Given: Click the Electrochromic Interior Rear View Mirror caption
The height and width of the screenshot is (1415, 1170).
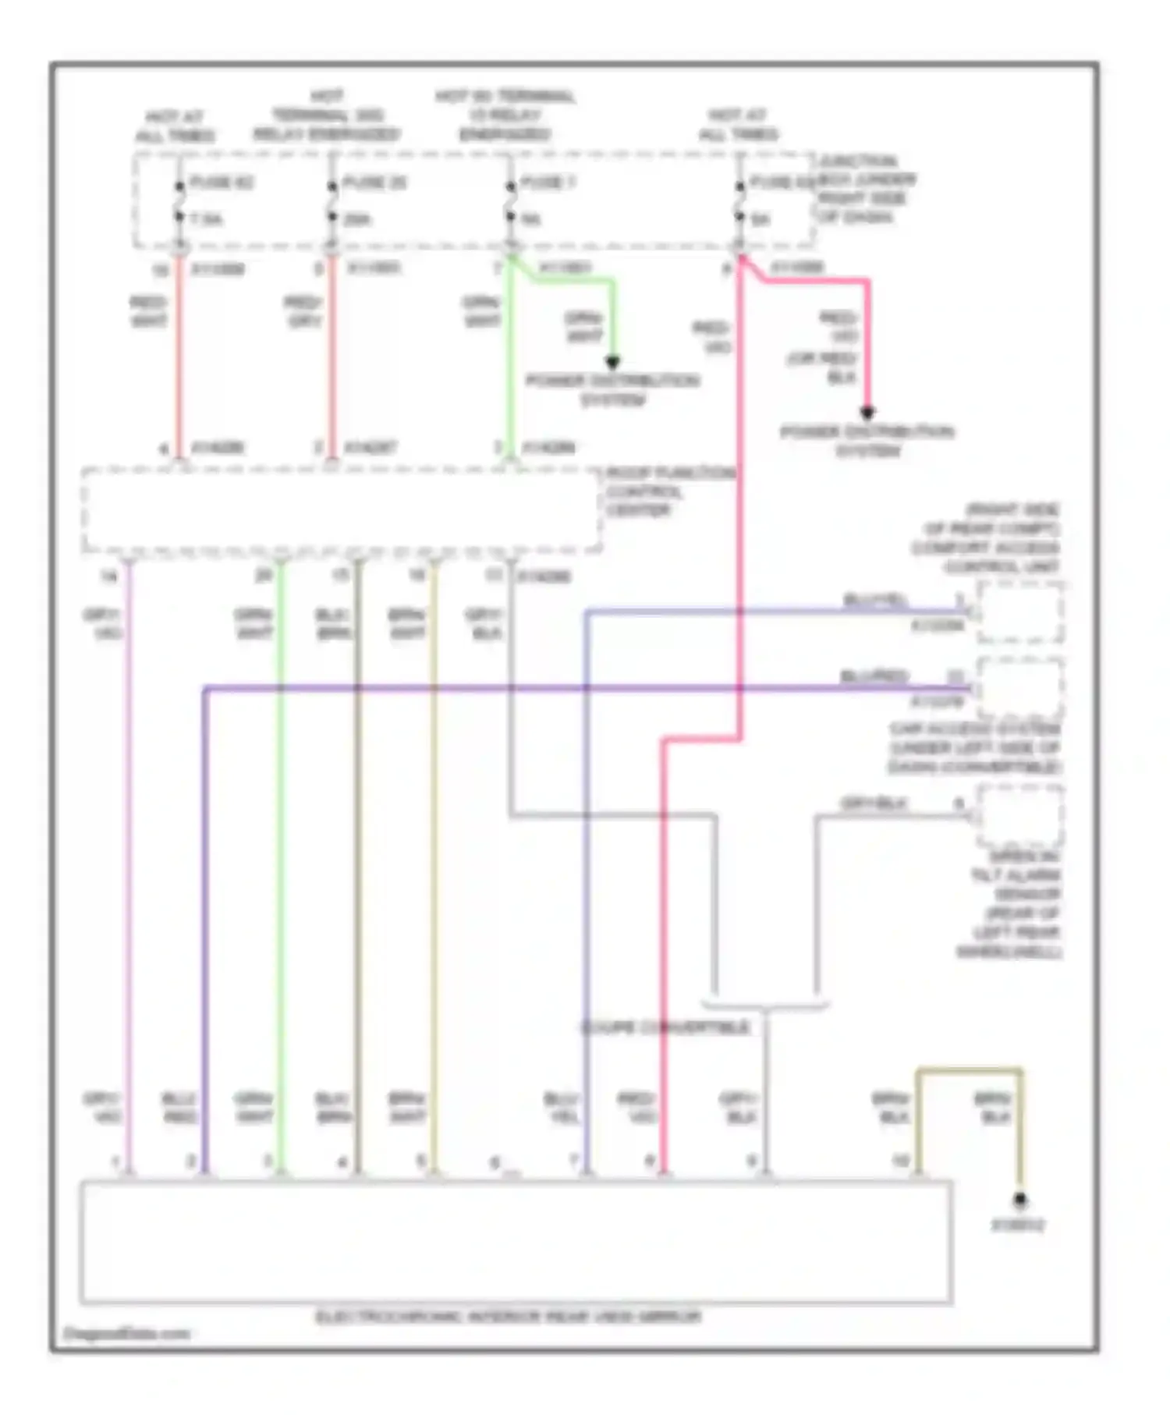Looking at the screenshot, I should (509, 1317).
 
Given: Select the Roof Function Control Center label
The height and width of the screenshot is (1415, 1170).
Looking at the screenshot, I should (669, 491).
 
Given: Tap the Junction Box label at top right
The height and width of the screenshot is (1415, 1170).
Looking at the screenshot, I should (866, 189).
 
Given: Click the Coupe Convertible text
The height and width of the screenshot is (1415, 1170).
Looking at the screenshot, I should (665, 1027).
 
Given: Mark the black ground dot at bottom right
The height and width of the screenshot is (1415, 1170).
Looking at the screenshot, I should (1019, 1200).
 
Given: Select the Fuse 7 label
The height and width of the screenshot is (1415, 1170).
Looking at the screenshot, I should (548, 183).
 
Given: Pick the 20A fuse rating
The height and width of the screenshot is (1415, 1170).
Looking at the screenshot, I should (357, 221).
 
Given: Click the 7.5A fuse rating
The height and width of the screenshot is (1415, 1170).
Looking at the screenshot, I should (205, 221).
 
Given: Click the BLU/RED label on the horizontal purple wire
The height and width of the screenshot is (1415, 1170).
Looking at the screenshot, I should (874, 676).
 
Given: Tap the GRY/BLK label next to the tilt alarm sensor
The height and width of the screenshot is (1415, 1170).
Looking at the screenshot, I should (874, 803).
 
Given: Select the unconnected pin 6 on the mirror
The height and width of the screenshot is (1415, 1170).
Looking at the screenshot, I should (495, 1163).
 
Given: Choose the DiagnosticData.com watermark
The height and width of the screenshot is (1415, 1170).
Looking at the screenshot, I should (126, 1333).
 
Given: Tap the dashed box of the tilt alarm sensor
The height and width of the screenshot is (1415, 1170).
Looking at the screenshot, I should (1019, 817).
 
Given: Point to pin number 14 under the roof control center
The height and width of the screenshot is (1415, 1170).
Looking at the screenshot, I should (108, 576).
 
